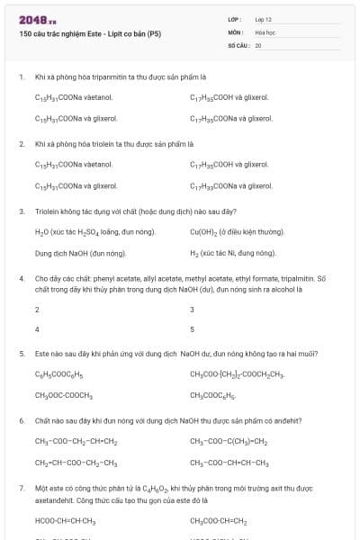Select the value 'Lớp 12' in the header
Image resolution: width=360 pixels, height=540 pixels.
264,18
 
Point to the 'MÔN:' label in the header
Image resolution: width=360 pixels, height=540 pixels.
236,31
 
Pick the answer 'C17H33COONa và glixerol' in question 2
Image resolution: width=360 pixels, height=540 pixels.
231,185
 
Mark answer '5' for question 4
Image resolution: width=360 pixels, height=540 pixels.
193,329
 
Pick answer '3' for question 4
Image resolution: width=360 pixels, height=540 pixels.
193,309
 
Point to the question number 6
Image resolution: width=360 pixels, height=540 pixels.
22,420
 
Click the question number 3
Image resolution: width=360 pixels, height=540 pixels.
22,211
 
